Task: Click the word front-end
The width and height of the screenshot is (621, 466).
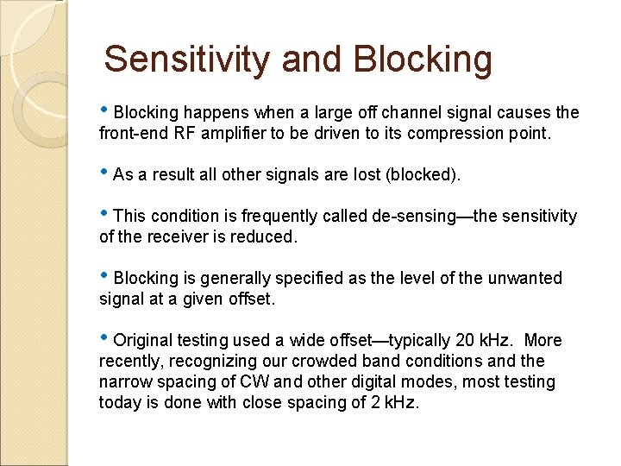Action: click(135, 134)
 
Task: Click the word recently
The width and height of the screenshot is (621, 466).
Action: click(129, 362)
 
